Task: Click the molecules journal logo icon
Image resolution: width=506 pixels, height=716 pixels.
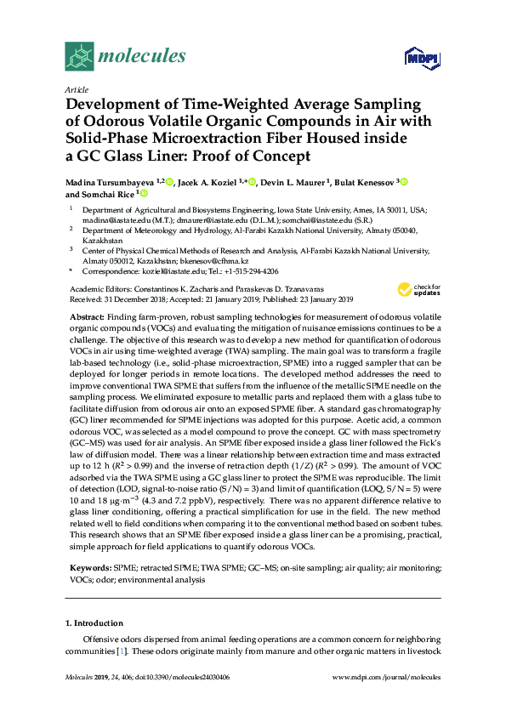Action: click(80, 57)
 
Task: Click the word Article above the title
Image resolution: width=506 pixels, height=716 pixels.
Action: click(77, 89)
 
